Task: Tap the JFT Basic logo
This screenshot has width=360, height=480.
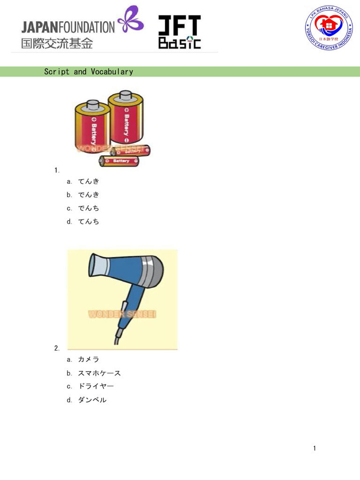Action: tap(179, 32)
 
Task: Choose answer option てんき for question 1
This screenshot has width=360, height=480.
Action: tap(89, 181)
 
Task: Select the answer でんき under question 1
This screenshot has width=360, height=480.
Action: tap(89, 195)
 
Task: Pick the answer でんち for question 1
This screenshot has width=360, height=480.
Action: tap(89, 208)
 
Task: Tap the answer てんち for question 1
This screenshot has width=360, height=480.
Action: tap(89, 221)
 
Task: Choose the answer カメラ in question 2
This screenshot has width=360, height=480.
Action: tap(89, 360)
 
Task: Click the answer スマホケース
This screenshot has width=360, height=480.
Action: tap(99, 373)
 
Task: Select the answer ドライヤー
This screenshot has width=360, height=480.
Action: tap(96, 386)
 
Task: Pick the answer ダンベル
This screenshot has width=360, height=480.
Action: tap(92, 400)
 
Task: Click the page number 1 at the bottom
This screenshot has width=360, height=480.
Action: tap(315, 449)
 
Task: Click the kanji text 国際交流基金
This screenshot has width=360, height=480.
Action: tap(57, 44)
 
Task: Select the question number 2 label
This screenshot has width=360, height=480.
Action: tap(57, 348)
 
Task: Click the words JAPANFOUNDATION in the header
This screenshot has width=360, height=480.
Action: tap(67, 27)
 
